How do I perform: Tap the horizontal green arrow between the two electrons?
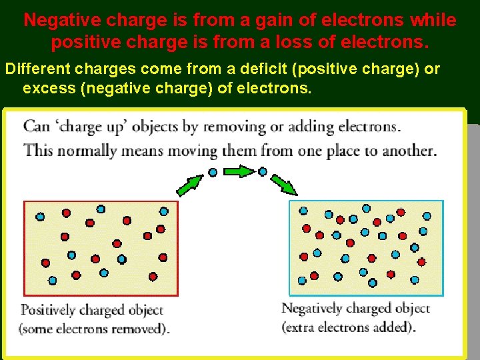click(x=237, y=172)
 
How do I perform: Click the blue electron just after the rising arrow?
click(x=213, y=172)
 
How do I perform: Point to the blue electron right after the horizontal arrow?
click(x=263, y=171)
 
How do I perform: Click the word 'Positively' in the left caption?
click(x=49, y=310)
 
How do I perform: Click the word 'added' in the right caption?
click(x=393, y=327)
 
